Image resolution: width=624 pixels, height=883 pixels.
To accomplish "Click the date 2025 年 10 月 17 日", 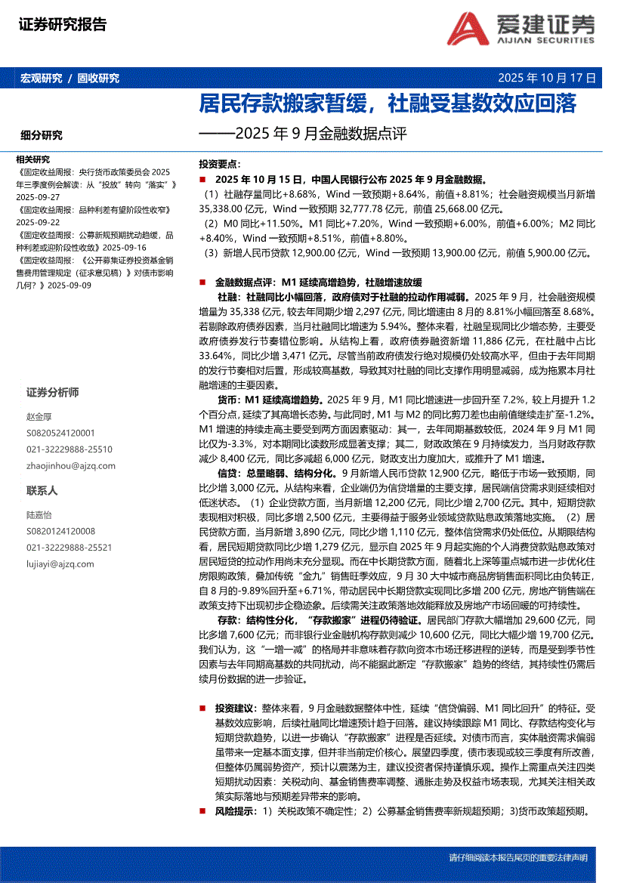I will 547,78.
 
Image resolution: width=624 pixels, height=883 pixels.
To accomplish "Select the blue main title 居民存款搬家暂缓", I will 287,103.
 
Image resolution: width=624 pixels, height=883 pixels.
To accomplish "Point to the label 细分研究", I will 42,135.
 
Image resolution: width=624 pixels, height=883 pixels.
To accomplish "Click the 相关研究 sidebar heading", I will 32,159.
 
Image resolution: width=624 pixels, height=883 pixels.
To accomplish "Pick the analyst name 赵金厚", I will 39,416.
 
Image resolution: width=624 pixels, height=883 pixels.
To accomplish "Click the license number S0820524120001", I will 60,433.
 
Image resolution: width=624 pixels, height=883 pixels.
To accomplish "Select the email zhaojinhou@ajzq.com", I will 65,466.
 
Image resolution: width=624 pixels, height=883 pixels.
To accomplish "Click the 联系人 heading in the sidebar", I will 42,490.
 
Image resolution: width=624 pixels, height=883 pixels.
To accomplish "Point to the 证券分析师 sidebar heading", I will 52,393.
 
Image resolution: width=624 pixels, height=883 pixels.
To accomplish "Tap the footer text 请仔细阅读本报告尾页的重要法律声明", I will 517,858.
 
